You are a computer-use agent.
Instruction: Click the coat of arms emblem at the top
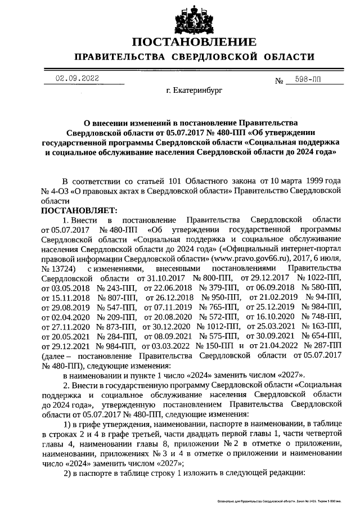(194, 19)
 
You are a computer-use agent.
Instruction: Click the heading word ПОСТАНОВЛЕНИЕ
(194, 43)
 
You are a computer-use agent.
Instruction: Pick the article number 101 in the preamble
(177, 181)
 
